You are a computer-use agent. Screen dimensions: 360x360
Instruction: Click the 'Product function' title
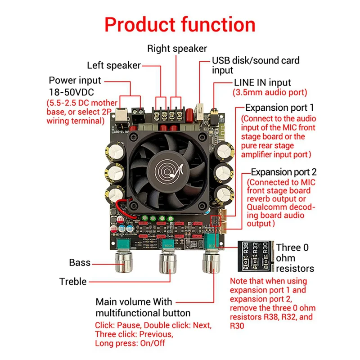pos(180,24)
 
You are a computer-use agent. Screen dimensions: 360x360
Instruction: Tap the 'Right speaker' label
pos(177,48)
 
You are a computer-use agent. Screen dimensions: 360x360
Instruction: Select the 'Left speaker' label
pos(114,65)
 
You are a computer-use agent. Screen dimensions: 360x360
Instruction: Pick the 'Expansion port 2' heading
pos(283,172)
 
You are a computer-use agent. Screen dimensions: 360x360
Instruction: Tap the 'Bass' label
pos(80,262)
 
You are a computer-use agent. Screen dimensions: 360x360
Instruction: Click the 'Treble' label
pos(73,282)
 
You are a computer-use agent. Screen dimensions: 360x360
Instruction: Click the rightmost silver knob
pos(211,261)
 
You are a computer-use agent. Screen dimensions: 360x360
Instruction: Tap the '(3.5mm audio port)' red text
pos(270,93)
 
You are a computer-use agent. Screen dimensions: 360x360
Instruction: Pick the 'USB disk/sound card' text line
pos(256,60)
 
